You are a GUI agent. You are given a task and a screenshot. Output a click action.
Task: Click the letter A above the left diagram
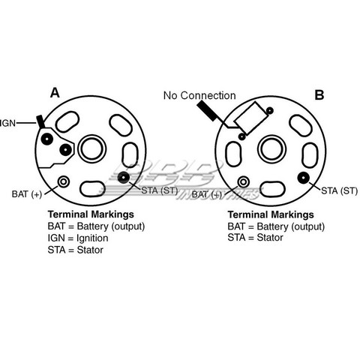55,93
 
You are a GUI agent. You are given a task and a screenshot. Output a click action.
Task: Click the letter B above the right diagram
319,95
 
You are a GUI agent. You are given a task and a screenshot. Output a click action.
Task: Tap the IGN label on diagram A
7,123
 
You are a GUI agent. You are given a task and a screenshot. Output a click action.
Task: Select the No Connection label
199,95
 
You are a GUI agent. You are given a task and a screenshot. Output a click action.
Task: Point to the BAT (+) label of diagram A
27,194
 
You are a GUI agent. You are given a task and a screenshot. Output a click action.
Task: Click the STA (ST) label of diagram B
339,191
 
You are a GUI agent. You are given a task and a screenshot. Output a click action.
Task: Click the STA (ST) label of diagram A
160,190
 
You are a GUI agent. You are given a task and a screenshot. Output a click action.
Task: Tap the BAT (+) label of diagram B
207,194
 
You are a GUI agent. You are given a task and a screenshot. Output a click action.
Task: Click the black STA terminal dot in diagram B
304,178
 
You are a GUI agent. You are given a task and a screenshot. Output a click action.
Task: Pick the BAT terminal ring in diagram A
64,181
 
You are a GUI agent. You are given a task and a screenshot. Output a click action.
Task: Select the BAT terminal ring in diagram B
243,181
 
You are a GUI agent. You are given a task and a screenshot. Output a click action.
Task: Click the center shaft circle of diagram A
92,149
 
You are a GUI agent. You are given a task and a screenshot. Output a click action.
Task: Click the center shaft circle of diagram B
271,149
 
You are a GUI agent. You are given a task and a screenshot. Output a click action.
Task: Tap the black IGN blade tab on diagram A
40,121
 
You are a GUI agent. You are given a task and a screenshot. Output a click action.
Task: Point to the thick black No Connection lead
207,111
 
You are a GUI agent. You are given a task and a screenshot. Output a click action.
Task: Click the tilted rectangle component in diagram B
250,118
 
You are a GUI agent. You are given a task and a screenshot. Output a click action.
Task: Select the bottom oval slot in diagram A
92,189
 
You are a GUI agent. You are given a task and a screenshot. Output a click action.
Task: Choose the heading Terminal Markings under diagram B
271,214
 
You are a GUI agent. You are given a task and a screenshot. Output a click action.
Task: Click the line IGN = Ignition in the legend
78,238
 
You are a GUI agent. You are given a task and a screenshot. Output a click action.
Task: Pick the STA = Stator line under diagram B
255,238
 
